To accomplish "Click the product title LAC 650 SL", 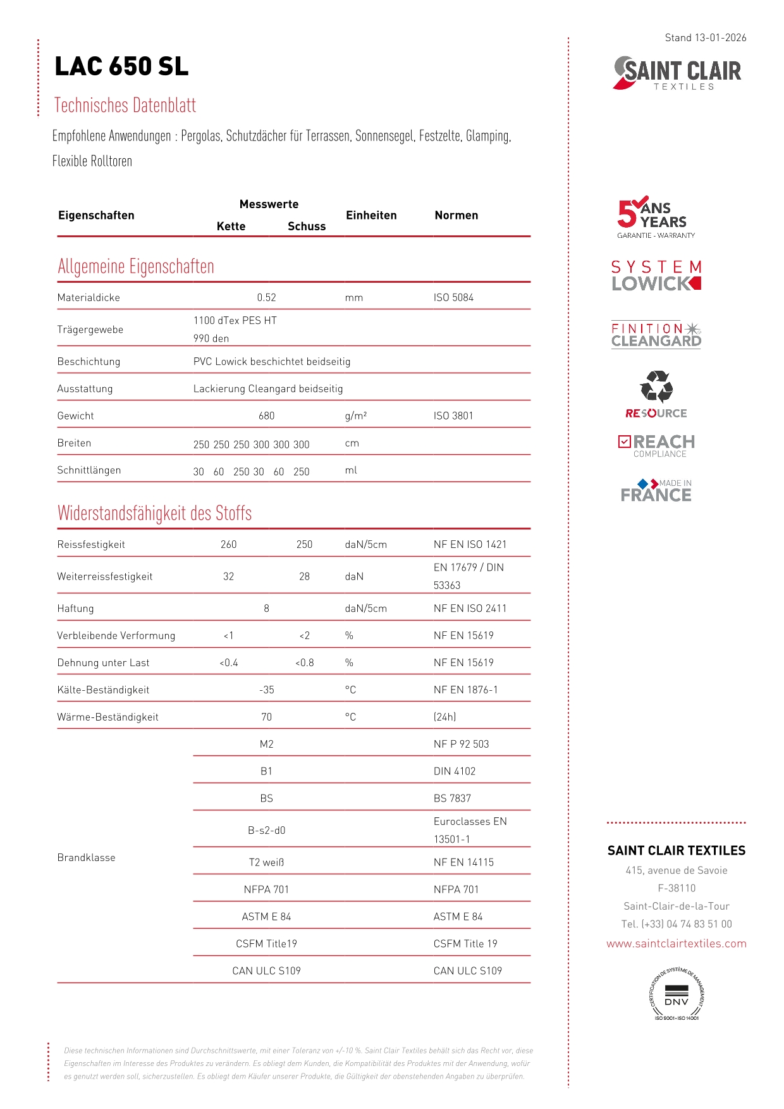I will (121, 66).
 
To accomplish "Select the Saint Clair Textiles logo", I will (677, 73).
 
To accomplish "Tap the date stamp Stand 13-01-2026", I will (705, 38).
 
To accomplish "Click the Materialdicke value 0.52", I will (266, 297).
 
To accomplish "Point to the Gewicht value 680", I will (266, 416).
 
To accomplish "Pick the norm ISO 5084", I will (453, 297).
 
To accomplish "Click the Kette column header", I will (231, 226).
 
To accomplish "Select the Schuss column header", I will (307, 226).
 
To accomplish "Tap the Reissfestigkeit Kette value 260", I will (228, 544).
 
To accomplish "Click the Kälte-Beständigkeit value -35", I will (266, 690).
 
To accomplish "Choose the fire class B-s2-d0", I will (266, 830).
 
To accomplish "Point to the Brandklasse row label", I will (87, 857).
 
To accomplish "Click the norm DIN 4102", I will (454, 771).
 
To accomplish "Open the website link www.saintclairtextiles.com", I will (677, 943).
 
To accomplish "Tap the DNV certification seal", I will (677, 993).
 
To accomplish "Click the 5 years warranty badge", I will (656, 217).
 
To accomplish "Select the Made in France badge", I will (656, 490).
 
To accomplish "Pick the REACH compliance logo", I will (656, 445).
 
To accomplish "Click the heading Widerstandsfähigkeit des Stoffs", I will (154, 513).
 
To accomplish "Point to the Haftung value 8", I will (266, 608).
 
